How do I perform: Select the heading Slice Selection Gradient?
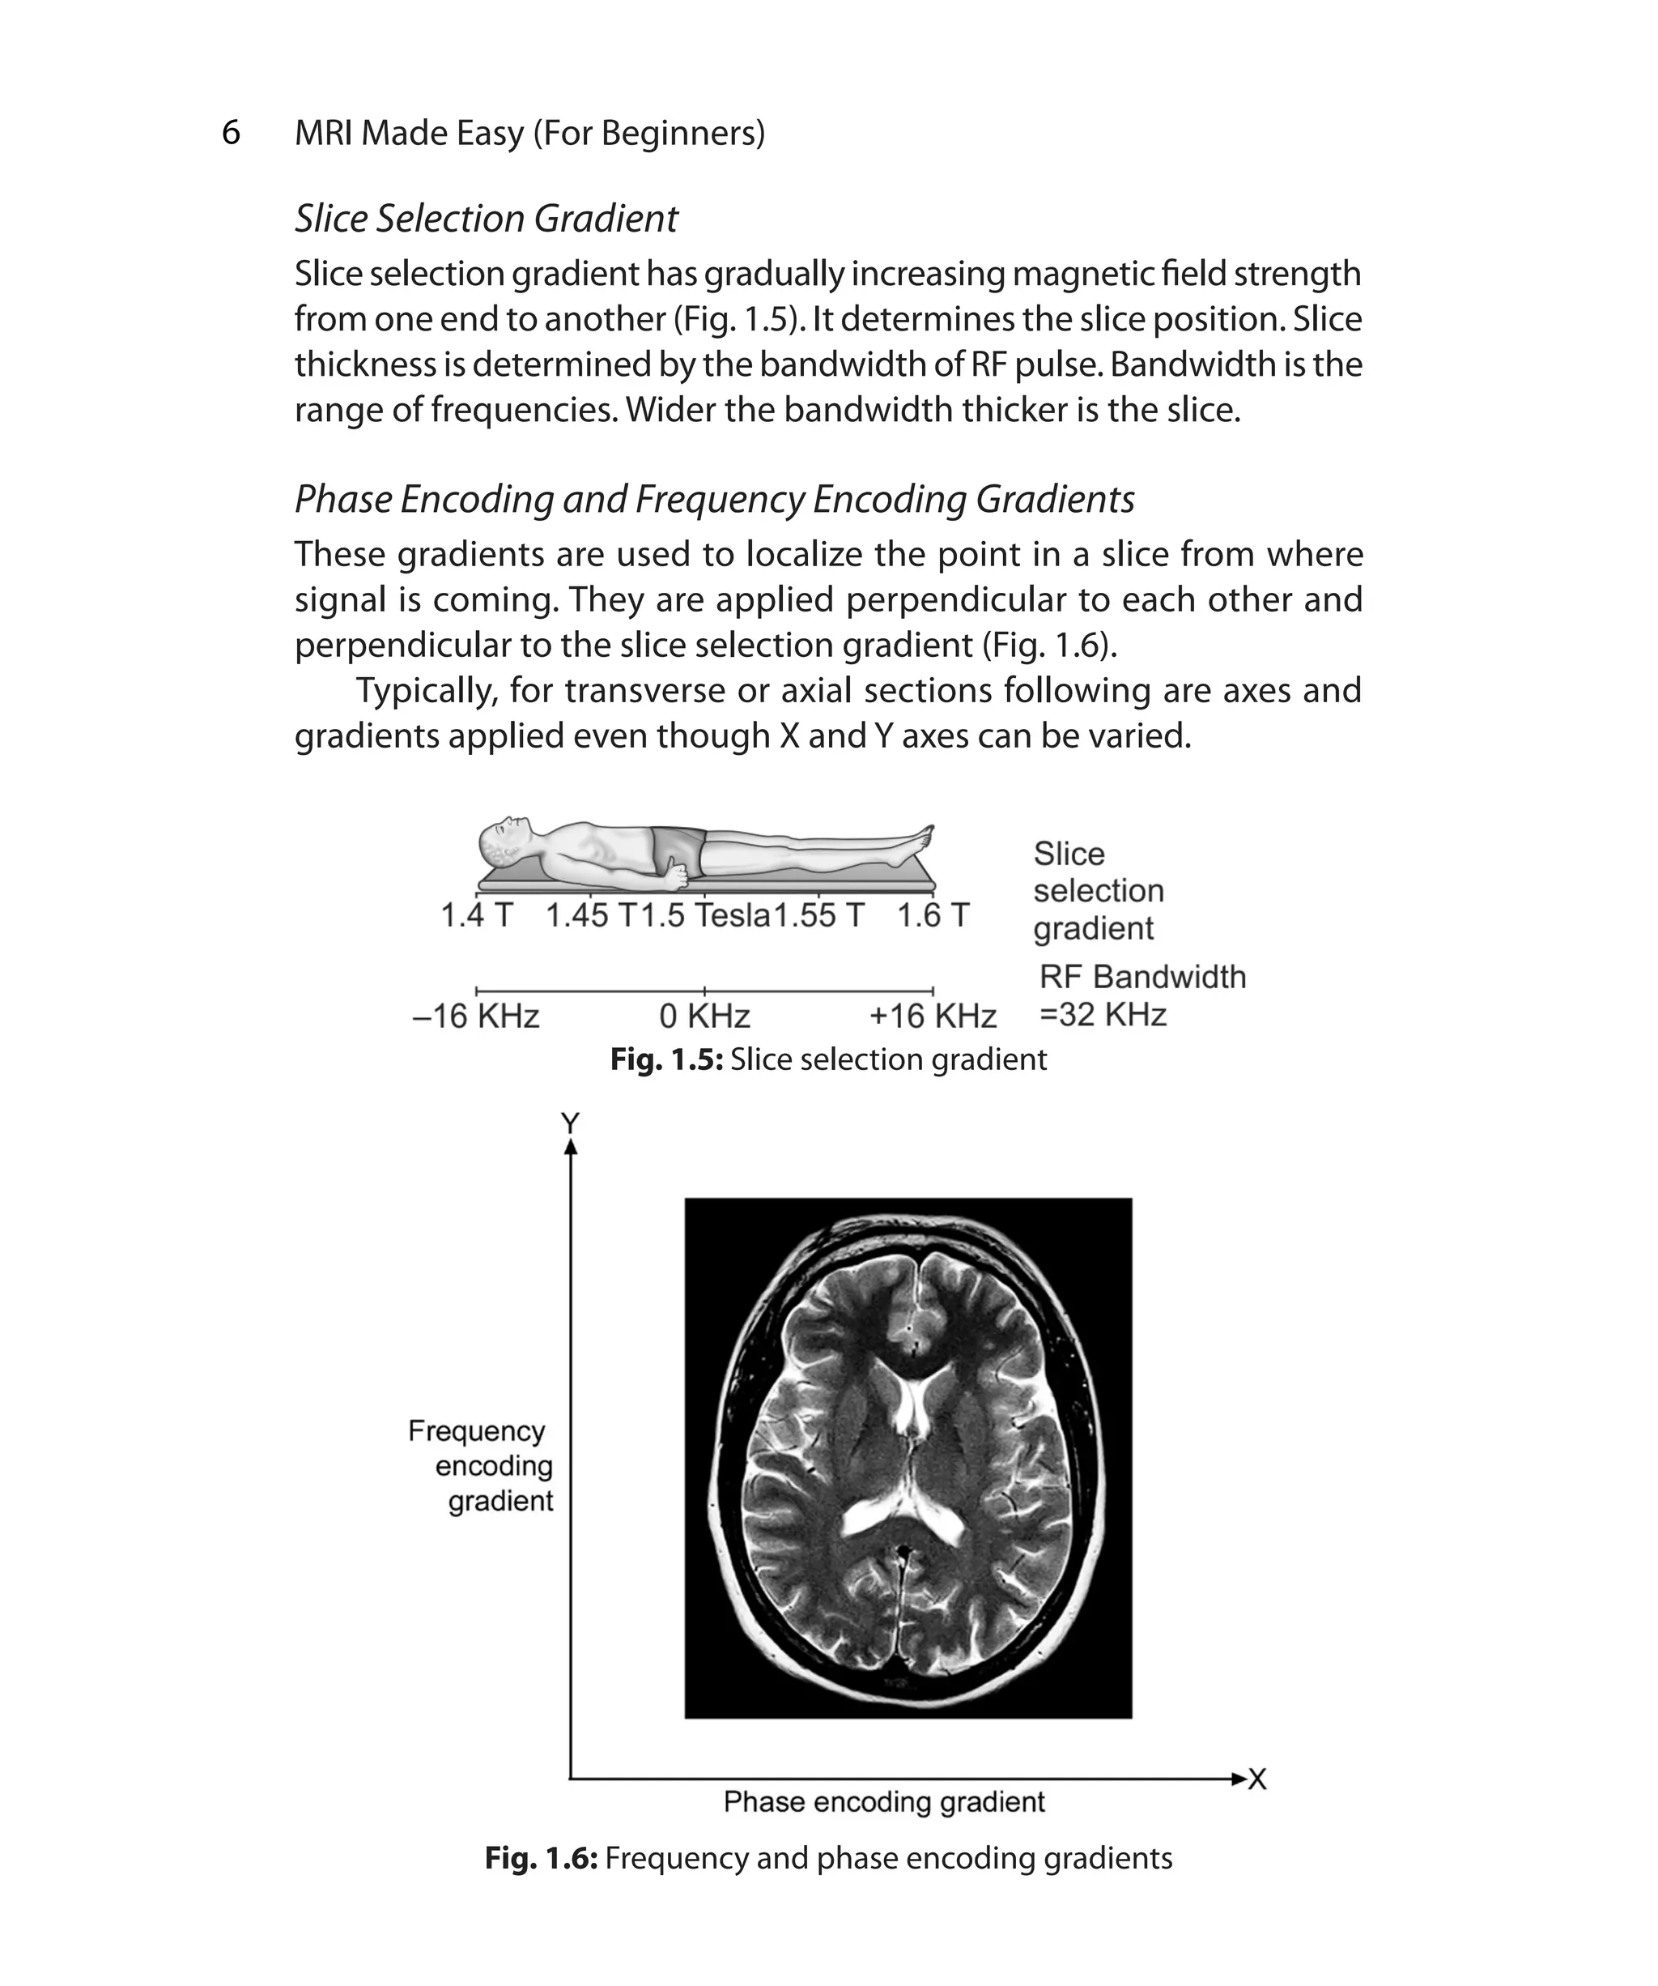click(x=486, y=219)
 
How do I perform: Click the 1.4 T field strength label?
click(x=476, y=915)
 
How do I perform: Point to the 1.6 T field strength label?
click(x=933, y=915)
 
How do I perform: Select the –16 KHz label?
click(x=476, y=1016)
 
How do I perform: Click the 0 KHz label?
click(x=704, y=1016)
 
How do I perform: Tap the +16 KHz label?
click(x=933, y=1016)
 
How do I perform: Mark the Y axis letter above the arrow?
click(x=570, y=1123)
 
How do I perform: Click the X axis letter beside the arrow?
click(x=1257, y=1779)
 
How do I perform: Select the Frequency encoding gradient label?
click(x=481, y=1465)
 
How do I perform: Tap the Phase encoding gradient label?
click(x=884, y=1801)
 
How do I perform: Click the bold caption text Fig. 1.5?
click(x=666, y=1059)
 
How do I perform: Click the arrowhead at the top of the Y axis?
click(x=570, y=1147)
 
